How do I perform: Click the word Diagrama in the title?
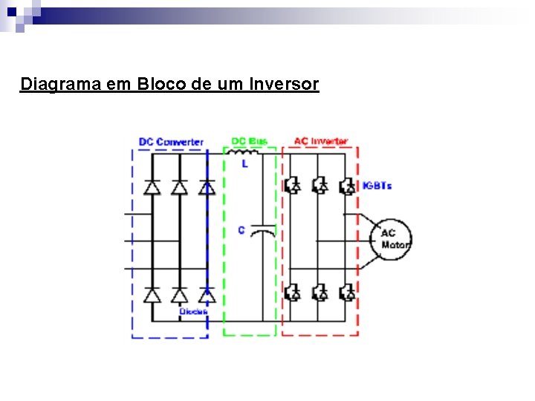[61, 84]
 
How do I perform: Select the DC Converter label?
[171, 141]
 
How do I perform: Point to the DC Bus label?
[249, 141]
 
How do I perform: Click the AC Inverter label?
[320, 141]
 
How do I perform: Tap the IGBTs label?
[377, 185]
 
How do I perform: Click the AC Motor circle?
[391, 239]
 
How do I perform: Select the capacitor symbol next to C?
[262, 232]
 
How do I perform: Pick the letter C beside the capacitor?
[241, 230]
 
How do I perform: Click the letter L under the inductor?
[245, 163]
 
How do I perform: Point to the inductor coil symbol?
[247, 154]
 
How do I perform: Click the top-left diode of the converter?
[152, 187]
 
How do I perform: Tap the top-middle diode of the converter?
[179, 187]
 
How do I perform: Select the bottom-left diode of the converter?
[152, 295]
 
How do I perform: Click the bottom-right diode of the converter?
[207, 295]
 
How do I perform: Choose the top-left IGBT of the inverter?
[292, 184]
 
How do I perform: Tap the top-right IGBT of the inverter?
[346, 184]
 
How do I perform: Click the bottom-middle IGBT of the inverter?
[319, 293]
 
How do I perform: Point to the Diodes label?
[193, 311]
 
